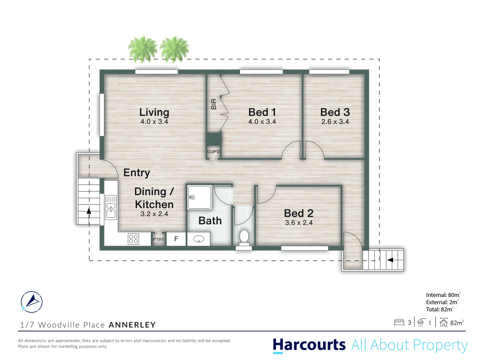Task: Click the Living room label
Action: point(154,112)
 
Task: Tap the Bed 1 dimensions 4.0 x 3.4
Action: point(262,122)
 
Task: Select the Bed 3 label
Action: point(335,112)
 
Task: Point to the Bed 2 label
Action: point(298,213)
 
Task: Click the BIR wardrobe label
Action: point(214,104)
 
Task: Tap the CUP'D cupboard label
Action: point(213,152)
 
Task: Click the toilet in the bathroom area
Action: point(244,237)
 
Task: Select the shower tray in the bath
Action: point(199,197)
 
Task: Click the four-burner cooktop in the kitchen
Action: point(133,239)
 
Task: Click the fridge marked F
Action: point(176,239)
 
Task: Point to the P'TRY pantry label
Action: point(158,240)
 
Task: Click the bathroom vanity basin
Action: point(199,239)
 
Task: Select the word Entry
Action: point(137,173)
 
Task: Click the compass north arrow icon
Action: point(32,302)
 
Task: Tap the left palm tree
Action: point(143,49)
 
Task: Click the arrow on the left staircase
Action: point(89,211)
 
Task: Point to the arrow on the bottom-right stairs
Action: point(390,260)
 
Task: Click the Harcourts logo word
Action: point(309,345)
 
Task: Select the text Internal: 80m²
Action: point(443,295)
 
